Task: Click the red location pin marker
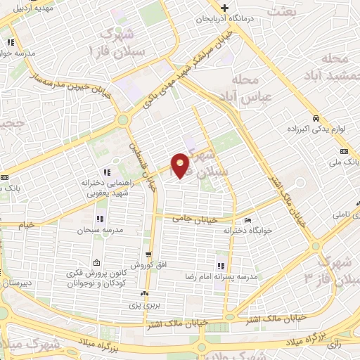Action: [x=181, y=165]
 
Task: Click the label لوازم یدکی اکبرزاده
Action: [x=314, y=130]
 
